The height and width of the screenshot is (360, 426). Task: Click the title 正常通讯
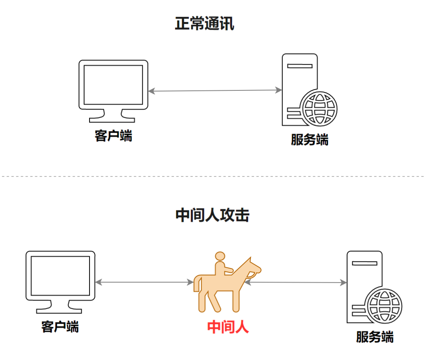tap(205, 24)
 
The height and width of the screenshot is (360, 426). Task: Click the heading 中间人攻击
tap(212, 216)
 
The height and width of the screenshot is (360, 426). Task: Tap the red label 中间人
tap(228, 327)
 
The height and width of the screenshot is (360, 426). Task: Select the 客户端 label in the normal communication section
tap(113, 136)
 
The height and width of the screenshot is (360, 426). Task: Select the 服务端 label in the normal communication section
tap(310, 140)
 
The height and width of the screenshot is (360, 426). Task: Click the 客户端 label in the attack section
tap(60, 327)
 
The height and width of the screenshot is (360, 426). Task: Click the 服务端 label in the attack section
tap(375, 337)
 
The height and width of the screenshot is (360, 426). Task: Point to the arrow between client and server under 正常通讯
tap(215, 91)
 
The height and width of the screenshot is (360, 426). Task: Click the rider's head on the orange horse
tap(220, 256)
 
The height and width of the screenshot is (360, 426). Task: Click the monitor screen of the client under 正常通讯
tap(113, 85)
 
